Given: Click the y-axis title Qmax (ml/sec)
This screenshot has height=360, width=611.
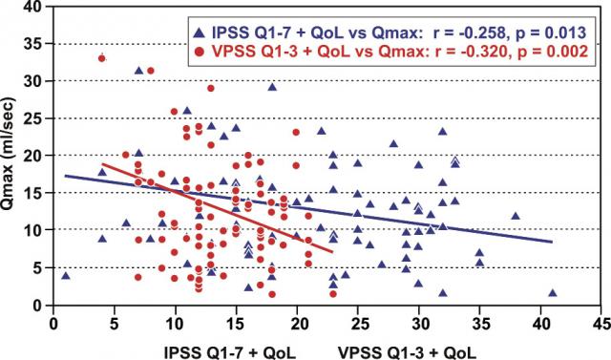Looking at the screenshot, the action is [x=8, y=155].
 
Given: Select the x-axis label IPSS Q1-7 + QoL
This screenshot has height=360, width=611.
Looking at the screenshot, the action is [x=230, y=352].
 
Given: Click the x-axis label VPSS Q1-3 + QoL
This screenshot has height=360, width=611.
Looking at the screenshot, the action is [x=408, y=352].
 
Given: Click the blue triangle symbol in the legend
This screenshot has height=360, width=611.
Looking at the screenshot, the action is [x=200, y=32].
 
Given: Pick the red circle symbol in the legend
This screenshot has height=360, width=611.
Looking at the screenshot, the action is [x=200, y=52].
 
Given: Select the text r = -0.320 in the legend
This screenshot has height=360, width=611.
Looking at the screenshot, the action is [x=467, y=52].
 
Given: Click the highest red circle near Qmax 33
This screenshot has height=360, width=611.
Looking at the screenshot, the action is [x=102, y=58].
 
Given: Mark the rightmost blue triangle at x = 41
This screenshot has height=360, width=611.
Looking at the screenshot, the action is [x=553, y=293].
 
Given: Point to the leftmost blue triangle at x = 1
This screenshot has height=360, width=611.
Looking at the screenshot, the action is [x=66, y=276].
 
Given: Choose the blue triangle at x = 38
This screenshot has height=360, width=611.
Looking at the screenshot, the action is [x=516, y=216].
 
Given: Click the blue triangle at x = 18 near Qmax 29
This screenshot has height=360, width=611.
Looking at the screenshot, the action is [x=272, y=87].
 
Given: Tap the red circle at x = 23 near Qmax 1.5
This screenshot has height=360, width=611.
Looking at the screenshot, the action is [x=333, y=294].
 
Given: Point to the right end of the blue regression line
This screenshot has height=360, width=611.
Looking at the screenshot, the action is [x=552, y=242].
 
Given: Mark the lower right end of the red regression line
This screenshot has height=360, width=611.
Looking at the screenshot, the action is [x=333, y=252].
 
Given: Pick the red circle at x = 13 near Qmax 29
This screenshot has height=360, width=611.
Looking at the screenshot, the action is [x=211, y=88].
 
